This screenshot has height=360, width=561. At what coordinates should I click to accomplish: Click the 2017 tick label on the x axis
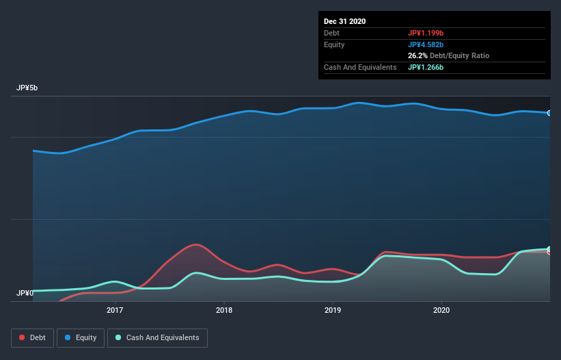pyautogui.click(x=115, y=310)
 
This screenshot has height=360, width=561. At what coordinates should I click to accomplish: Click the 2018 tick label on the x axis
pyautogui.click(x=223, y=310)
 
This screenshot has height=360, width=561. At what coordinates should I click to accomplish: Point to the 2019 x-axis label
pyautogui.click(x=332, y=310)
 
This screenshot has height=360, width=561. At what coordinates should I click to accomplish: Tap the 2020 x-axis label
pyautogui.click(x=441, y=310)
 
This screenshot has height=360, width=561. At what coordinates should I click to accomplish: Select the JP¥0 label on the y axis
pyautogui.click(x=25, y=294)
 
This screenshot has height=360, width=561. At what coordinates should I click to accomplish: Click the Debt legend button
pyautogui.click(x=33, y=337)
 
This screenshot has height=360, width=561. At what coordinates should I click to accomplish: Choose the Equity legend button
pyautogui.click(x=81, y=337)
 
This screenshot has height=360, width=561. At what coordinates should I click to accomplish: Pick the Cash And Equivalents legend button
pyautogui.click(x=157, y=337)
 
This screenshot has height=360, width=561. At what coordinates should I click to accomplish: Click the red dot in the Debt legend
pyautogui.click(x=23, y=337)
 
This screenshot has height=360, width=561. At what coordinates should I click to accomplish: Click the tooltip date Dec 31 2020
pyautogui.click(x=344, y=21)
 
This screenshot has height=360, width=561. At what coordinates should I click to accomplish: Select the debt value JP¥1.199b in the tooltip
pyautogui.click(x=426, y=33)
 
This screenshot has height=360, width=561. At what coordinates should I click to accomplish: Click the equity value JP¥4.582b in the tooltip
pyautogui.click(x=426, y=44)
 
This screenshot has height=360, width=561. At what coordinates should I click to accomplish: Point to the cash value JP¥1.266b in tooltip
pyautogui.click(x=426, y=67)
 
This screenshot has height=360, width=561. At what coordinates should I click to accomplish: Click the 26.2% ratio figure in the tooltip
pyautogui.click(x=418, y=55)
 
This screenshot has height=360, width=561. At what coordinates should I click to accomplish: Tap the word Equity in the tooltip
pyautogui.click(x=334, y=44)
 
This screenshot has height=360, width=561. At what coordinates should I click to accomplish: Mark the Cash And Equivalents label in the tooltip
pyautogui.click(x=360, y=67)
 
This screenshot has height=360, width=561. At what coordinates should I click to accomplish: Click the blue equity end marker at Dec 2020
pyautogui.click(x=549, y=113)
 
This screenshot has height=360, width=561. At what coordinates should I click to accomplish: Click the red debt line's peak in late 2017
pyautogui.click(x=196, y=244)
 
